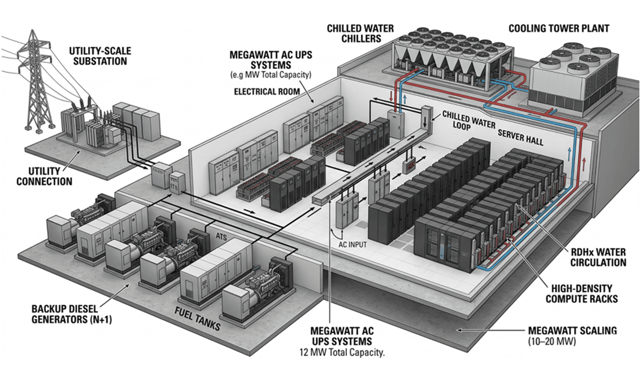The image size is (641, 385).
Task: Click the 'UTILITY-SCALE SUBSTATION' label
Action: point(100,56)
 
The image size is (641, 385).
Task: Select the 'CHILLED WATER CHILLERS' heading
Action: point(360,33)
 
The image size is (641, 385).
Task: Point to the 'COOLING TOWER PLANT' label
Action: point(559,29)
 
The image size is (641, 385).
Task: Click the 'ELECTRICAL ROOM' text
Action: point(267,92)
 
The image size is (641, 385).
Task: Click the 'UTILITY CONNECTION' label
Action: point(44,176)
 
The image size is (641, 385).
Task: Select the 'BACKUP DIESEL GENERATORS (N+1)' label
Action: point(71,314)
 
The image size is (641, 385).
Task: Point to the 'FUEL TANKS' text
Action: point(197,319)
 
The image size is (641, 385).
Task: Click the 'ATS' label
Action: point(221,237)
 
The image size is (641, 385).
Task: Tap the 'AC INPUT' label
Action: point(353,245)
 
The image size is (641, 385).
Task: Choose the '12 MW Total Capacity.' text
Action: point(342,353)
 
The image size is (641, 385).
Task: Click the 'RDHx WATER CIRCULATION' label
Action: point(598,257)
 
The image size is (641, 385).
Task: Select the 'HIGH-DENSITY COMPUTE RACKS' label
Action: point(582,294)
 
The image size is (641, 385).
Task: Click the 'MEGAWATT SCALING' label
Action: point(572,330)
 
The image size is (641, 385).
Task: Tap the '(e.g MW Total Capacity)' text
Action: point(271,75)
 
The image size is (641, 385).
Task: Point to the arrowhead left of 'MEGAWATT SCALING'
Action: point(460,330)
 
